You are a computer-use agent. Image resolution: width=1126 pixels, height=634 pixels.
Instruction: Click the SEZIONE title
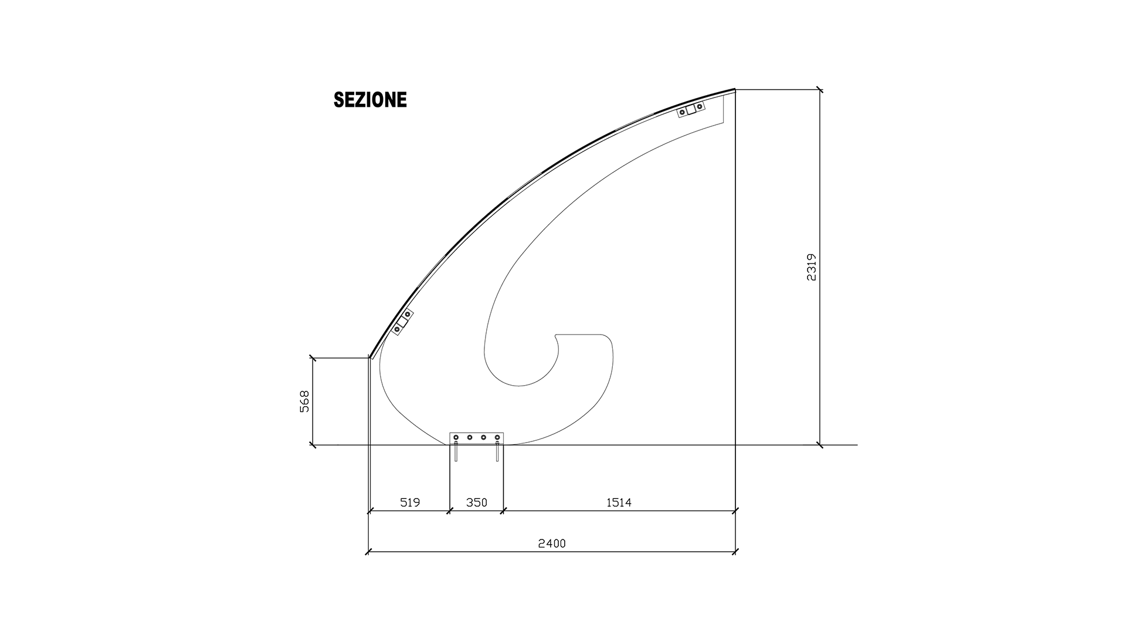tap(370, 100)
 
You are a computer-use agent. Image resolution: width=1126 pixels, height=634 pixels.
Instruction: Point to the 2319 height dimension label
tap(812, 267)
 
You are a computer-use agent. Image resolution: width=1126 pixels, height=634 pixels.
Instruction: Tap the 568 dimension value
tap(304, 402)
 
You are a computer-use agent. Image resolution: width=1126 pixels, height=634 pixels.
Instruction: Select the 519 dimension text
tap(410, 503)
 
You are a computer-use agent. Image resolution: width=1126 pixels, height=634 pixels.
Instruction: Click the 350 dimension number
tap(476, 503)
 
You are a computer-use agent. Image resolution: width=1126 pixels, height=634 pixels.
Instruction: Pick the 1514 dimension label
tap(619, 503)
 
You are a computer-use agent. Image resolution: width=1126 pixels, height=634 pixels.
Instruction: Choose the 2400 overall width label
tap(552, 544)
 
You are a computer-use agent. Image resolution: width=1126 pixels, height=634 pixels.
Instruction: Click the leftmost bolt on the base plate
tap(456, 438)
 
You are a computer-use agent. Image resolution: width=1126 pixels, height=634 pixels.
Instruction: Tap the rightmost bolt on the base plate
tap(497, 438)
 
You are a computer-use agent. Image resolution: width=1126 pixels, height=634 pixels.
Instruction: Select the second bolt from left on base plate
tap(470, 438)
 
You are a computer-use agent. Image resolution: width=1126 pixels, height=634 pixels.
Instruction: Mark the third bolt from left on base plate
tap(484, 438)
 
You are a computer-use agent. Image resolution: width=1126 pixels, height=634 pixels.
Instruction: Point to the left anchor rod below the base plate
tap(456, 453)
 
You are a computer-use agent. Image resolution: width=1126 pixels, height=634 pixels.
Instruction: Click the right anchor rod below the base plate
tap(497, 453)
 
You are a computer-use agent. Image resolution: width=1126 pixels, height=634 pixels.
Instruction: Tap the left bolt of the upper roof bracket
tap(683, 112)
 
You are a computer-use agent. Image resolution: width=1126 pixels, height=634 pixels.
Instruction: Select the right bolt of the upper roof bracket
tap(700, 107)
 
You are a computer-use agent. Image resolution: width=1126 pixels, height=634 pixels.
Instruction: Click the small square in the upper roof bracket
tap(691, 109)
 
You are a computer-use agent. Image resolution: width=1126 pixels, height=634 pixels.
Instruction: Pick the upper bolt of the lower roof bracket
tap(408, 315)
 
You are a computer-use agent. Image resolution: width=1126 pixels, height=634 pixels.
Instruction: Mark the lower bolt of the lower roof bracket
tap(397, 329)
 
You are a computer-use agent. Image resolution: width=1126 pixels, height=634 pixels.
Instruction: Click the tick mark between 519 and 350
tap(449, 511)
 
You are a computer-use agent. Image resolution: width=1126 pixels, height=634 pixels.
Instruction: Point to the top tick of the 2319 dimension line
tap(820, 90)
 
